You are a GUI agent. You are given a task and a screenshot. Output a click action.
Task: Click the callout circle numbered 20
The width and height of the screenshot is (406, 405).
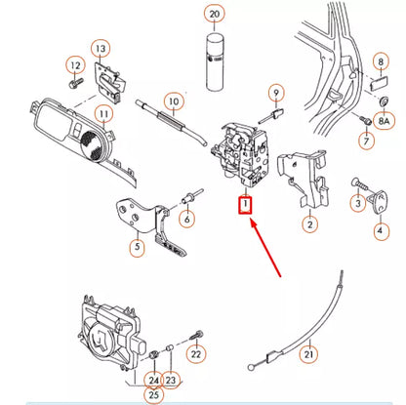tap(215, 14)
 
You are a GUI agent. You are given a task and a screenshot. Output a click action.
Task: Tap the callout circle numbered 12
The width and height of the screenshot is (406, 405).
tap(75, 64)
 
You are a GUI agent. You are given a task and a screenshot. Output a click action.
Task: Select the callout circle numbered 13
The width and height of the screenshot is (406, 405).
tap(101, 48)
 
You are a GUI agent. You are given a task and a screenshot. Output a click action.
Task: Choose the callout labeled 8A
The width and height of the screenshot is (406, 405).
tap(385, 121)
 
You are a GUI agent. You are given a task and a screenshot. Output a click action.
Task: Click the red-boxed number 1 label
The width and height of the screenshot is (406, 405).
tap(246, 205)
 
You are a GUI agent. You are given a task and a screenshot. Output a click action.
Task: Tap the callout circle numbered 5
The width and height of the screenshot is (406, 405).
tap(137, 249)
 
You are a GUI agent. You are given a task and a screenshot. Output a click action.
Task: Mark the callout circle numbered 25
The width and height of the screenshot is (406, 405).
tap(152, 396)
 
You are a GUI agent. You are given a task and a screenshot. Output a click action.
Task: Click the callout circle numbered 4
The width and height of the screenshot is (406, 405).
tap(380, 231)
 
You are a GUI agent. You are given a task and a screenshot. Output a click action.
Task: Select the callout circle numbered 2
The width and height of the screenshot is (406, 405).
tap(309, 224)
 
